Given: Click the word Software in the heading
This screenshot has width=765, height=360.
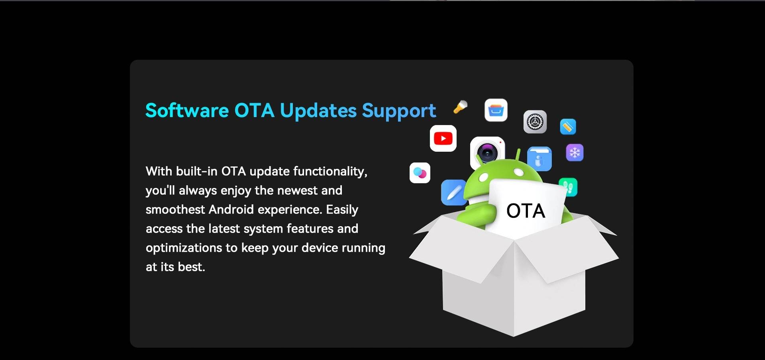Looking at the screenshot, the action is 187,110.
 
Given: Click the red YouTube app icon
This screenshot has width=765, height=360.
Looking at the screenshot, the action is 443,138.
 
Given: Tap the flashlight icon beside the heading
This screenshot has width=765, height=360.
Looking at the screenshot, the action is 460,107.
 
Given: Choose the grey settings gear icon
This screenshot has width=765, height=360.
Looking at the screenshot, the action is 535,122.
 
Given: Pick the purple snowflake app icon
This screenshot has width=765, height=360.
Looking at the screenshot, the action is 575,153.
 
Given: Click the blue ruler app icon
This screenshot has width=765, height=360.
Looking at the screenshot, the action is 568,127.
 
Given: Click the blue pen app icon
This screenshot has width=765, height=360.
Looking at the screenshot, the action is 454,193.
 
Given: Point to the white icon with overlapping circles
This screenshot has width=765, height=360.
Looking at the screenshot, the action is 420,173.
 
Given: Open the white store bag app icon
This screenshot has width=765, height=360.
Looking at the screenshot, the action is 496,110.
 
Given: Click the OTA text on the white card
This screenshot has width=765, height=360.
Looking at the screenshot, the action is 526,211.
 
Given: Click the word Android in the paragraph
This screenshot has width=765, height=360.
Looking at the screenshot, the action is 231,209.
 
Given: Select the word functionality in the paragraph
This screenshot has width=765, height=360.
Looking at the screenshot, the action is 330,172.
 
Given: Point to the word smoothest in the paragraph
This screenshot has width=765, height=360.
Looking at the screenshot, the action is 175,209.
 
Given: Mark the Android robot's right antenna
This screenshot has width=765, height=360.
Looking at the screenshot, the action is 518,155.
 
